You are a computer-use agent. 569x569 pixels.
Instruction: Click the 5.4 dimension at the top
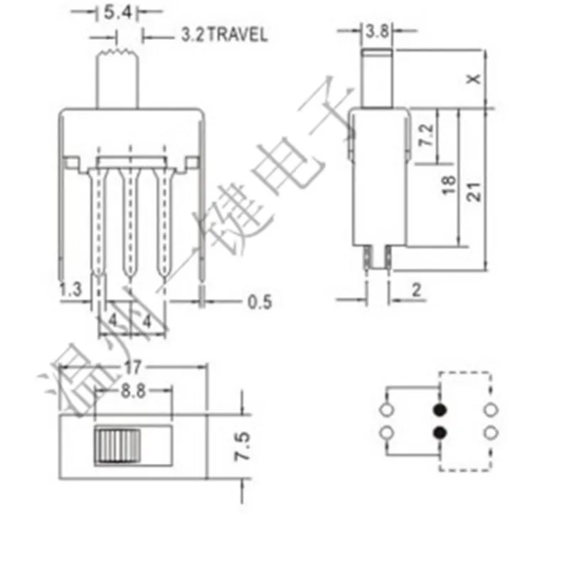(x=115, y=12)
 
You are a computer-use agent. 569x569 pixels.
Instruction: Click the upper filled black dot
(x=440, y=410)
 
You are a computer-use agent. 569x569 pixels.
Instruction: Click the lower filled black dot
(x=440, y=432)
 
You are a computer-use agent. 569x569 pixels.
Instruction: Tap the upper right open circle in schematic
(x=489, y=410)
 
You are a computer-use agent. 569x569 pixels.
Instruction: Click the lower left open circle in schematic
(x=388, y=432)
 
